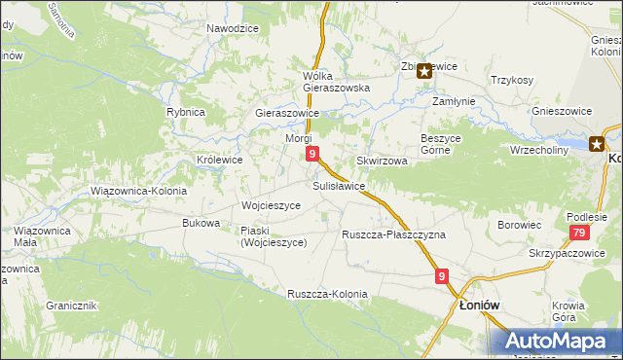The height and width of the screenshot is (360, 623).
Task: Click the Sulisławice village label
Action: coord(339,185)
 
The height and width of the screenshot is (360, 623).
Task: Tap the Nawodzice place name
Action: coord(232,28)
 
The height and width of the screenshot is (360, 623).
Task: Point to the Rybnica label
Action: coord(185,112)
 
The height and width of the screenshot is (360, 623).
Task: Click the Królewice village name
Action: coord(219,160)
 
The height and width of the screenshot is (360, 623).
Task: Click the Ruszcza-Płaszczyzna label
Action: coord(393,235)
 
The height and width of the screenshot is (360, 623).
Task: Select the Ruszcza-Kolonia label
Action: coord(327,294)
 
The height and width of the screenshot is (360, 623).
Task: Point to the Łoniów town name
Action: coord(479,305)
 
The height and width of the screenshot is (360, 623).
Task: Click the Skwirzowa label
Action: coord(382,161)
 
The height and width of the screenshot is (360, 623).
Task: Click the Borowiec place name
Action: coord(519,225)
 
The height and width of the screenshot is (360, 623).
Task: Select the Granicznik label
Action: coord(70,306)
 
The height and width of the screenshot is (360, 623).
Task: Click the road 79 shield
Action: coord(579,233)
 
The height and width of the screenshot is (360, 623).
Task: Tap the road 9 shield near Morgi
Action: coord(311,154)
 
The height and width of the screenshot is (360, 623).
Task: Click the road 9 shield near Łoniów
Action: coord(442,276)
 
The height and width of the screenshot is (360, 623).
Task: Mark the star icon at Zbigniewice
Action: coord(424,71)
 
